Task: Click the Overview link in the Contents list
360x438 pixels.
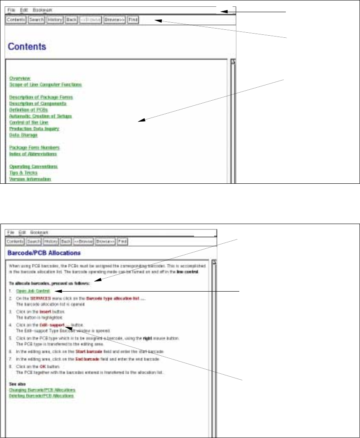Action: point(20,78)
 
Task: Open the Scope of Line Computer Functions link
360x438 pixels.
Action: point(45,84)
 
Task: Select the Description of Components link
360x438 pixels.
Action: point(38,103)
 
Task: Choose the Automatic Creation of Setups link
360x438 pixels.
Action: point(40,116)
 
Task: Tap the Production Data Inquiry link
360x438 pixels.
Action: point(34,129)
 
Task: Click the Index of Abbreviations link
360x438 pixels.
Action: point(33,154)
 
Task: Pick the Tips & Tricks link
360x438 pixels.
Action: point(23,173)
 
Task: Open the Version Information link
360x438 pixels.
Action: point(30,179)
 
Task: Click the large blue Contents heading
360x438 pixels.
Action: point(27,46)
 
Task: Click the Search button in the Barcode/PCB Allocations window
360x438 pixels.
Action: point(34,242)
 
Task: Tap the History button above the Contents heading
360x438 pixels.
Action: point(54,20)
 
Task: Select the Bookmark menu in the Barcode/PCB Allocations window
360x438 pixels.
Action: point(39,232)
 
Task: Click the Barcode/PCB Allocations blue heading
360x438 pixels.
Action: point(44,253)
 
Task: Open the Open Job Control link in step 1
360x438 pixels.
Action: point(33,291)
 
